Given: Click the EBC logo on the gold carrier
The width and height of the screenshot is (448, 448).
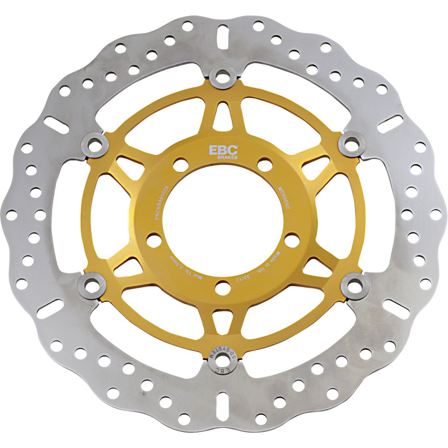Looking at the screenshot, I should point(223,150).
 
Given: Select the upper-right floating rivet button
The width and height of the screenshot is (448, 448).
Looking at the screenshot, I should point(351,144).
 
